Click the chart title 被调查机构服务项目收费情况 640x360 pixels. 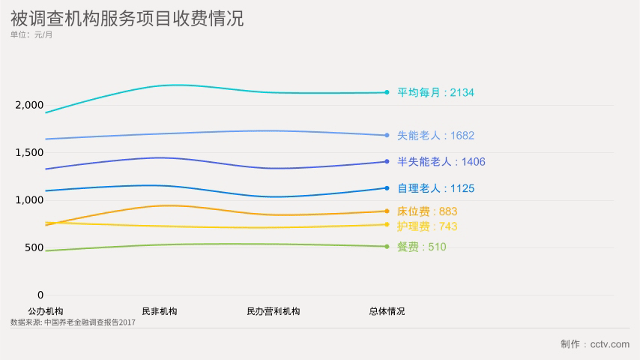(x=127, y=18)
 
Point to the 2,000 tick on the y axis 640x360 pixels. (x=30, y=105)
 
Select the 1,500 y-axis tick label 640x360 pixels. (x=30, y=152)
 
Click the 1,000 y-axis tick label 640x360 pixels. (x=30, y=200)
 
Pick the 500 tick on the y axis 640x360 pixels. (x=34, y=247)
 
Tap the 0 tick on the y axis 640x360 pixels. (x=40, y=295)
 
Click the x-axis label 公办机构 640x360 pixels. (x=45, y=311)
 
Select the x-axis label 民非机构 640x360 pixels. (x=159, y=311)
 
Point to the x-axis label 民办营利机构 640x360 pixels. (x=273, y=311)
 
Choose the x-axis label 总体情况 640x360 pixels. (x=387, y=311)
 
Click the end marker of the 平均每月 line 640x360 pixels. (x=387, y=92)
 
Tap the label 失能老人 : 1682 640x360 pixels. (x=435, y=136)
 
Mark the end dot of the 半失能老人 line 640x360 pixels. (x=387, y=161)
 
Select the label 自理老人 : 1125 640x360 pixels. (x=435, y=188)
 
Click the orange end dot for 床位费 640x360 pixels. (x=387, y=211)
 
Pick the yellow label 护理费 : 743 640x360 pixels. (x=426, y=226)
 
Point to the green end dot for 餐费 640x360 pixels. (x=387, y=246)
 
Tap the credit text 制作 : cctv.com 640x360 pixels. (x=595, y=343)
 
